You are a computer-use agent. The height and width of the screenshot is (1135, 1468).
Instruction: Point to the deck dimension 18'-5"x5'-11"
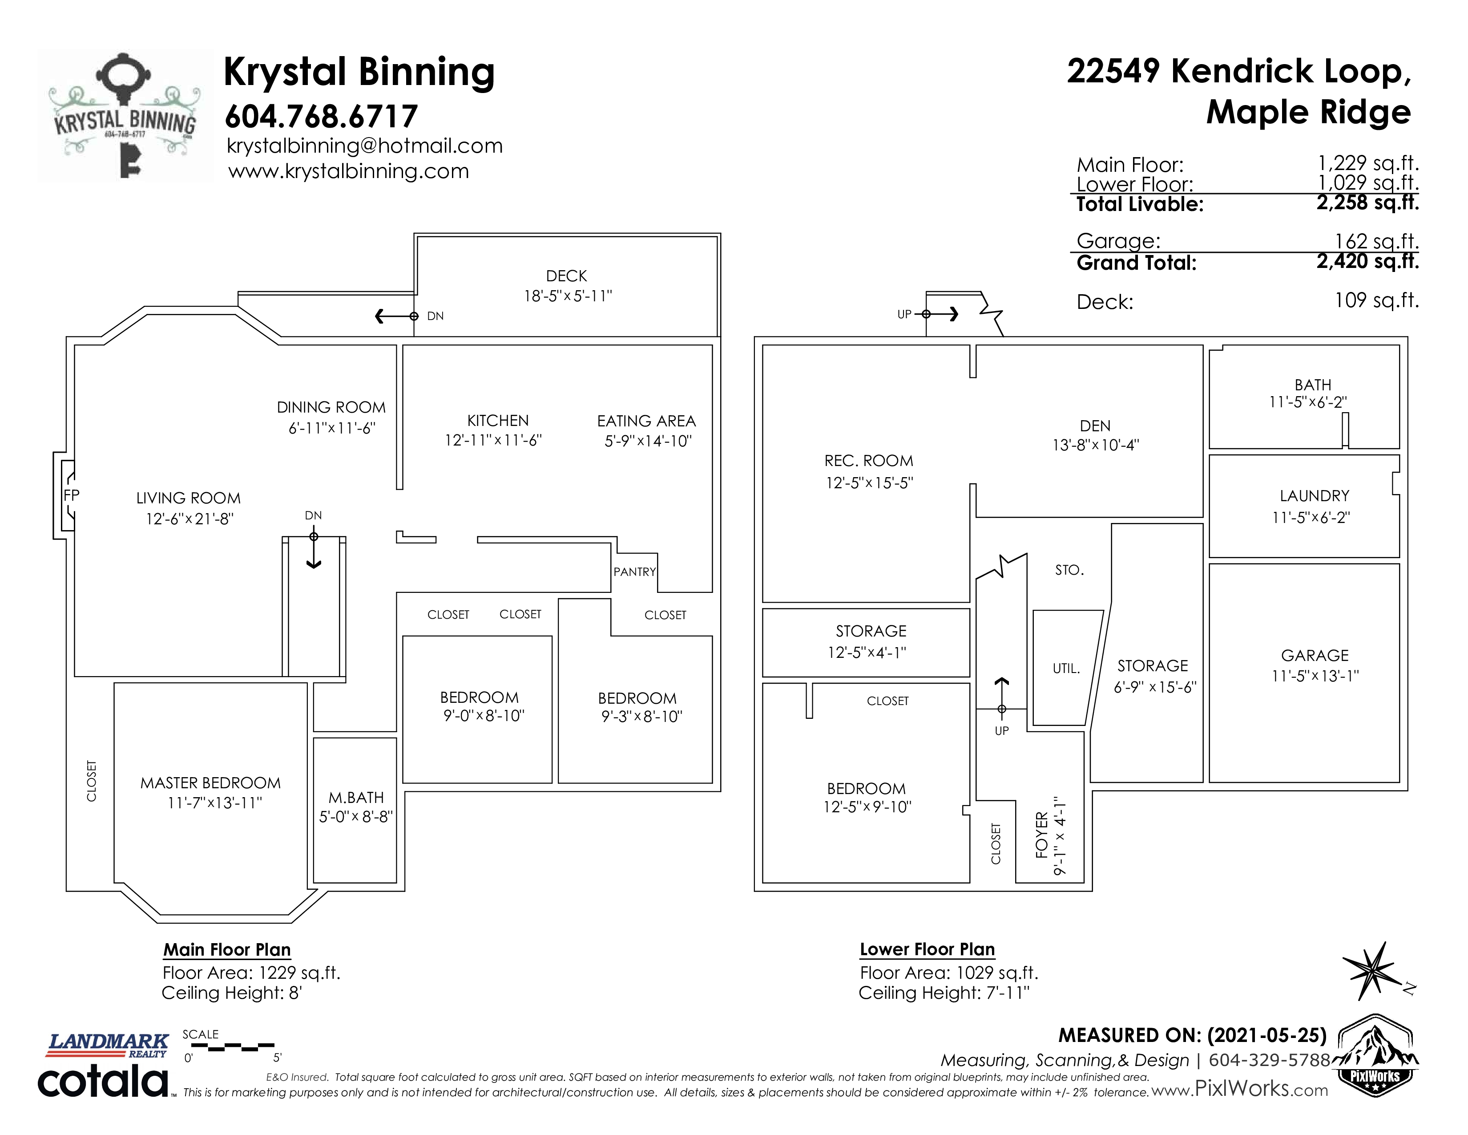click(568, 296)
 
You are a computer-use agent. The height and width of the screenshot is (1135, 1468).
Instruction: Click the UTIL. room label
click(1066, 669)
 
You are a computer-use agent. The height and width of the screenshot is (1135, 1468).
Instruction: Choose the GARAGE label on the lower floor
click(1315, 656)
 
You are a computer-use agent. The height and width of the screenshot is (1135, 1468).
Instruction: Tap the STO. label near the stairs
click(1069, 570)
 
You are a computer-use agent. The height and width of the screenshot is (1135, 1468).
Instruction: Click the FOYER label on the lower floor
click(1042, 835)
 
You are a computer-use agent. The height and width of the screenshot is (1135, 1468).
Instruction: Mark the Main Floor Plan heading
click(227, 949)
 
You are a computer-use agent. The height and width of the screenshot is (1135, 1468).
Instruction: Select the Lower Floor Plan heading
click(927, 949)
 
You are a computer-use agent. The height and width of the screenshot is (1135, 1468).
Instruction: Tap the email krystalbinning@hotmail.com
click(365, 146)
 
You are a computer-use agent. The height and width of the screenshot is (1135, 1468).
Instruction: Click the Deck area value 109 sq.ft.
click(1377, 300)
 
